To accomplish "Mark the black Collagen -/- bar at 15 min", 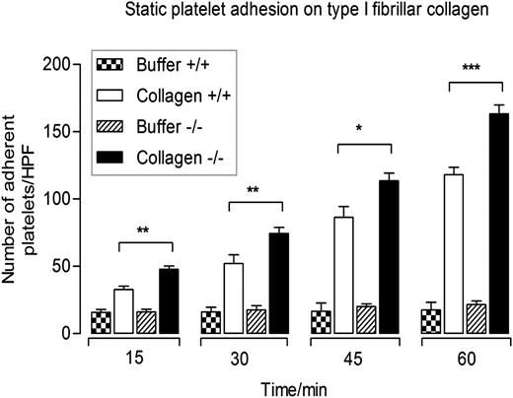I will point(169,300).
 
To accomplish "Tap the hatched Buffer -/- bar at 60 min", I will point(477,319).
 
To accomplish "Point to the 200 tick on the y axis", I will point(76,65).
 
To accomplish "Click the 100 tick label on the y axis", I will point(57,199).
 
